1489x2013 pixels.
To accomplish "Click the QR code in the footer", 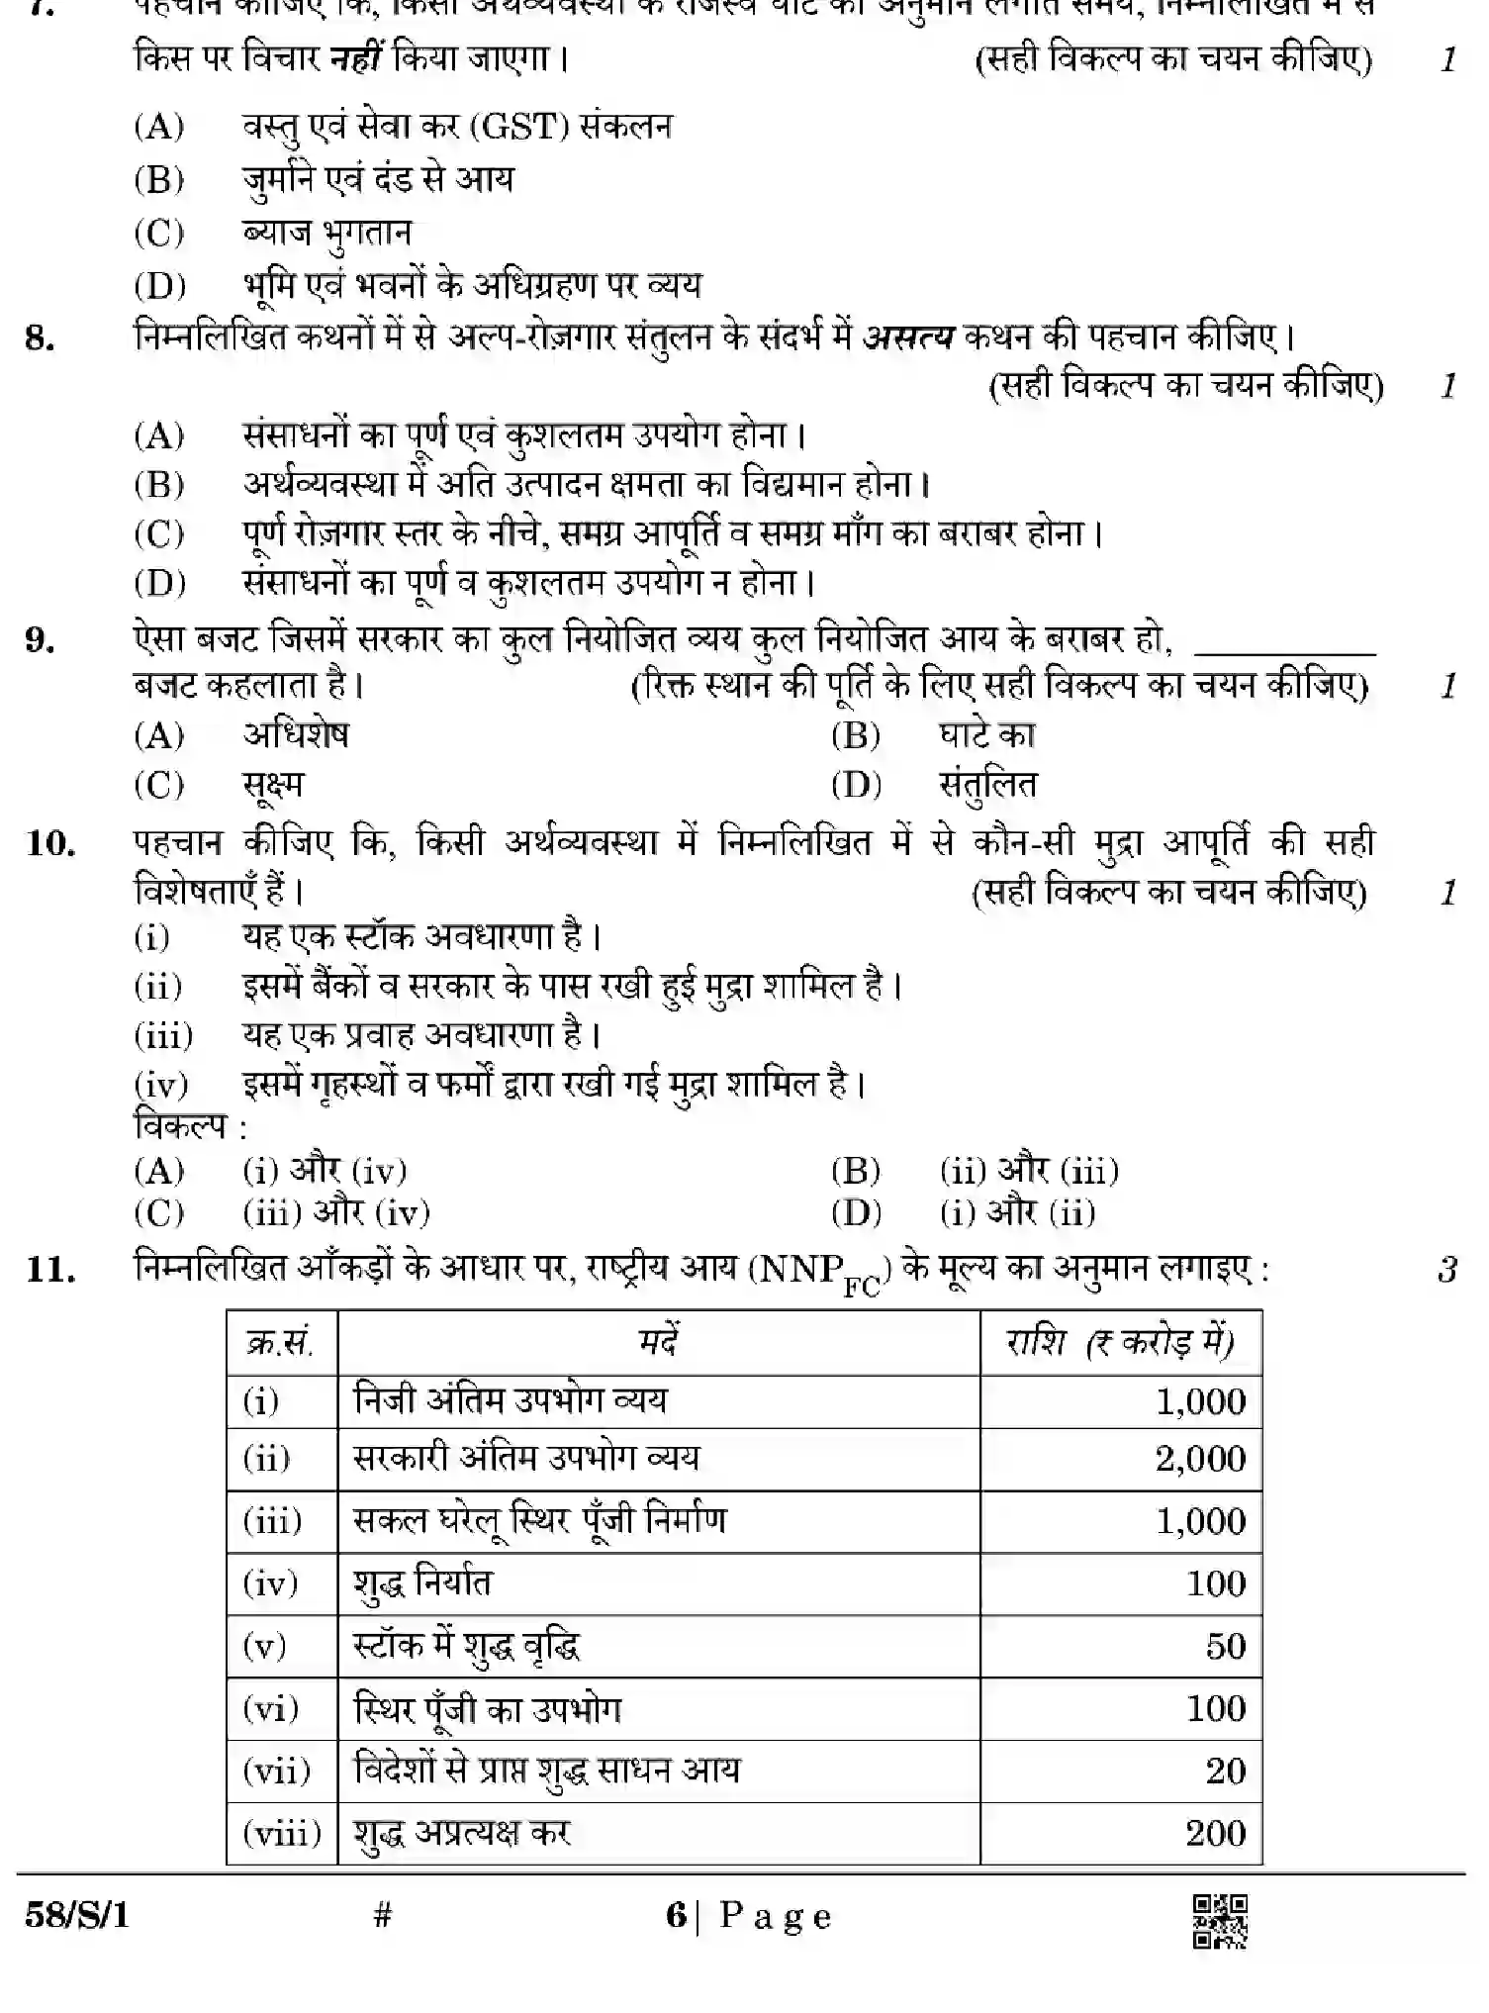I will coord(1220,1921).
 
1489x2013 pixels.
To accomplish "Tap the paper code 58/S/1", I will coord(77,1916).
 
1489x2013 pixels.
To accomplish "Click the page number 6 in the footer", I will coord(677,1916).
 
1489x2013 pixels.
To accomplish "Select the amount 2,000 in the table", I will coord(1200,1459).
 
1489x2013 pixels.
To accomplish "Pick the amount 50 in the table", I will coord(1225,1646).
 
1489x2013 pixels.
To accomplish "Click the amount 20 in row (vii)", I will coord(1225,1771).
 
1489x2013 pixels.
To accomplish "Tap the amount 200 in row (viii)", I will coord(1215,1833).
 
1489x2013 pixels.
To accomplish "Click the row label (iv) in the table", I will coord(270,1583).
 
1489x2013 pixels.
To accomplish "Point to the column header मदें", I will coord(658,1343).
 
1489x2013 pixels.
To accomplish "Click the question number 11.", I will coord(51,1269).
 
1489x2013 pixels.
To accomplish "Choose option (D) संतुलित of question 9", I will coord(987,786).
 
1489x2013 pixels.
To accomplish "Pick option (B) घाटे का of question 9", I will coord(986,735).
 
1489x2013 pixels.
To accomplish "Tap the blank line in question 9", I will coord(1284,651).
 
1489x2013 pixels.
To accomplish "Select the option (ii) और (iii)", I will coord(1029,1172).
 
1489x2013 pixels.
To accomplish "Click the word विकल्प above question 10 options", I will coord(181,1127).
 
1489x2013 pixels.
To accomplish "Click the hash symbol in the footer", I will coord(384,1916).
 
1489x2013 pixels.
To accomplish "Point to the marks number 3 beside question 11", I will coord(1447,1269).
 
